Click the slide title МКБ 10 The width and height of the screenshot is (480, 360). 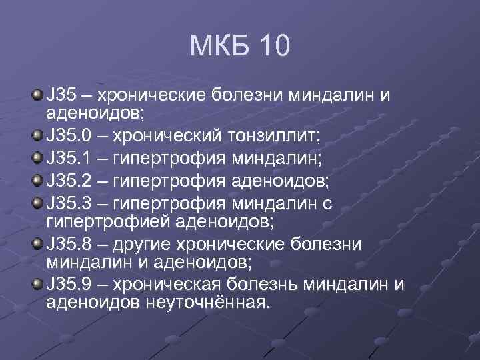tap(239, 47)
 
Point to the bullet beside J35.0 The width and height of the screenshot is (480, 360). tap(37, 136)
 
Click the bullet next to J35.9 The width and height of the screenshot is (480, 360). tap(37, 285)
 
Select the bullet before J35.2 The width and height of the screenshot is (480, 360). tap(37, 180)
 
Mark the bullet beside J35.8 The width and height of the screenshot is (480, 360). tap(37, 243)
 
